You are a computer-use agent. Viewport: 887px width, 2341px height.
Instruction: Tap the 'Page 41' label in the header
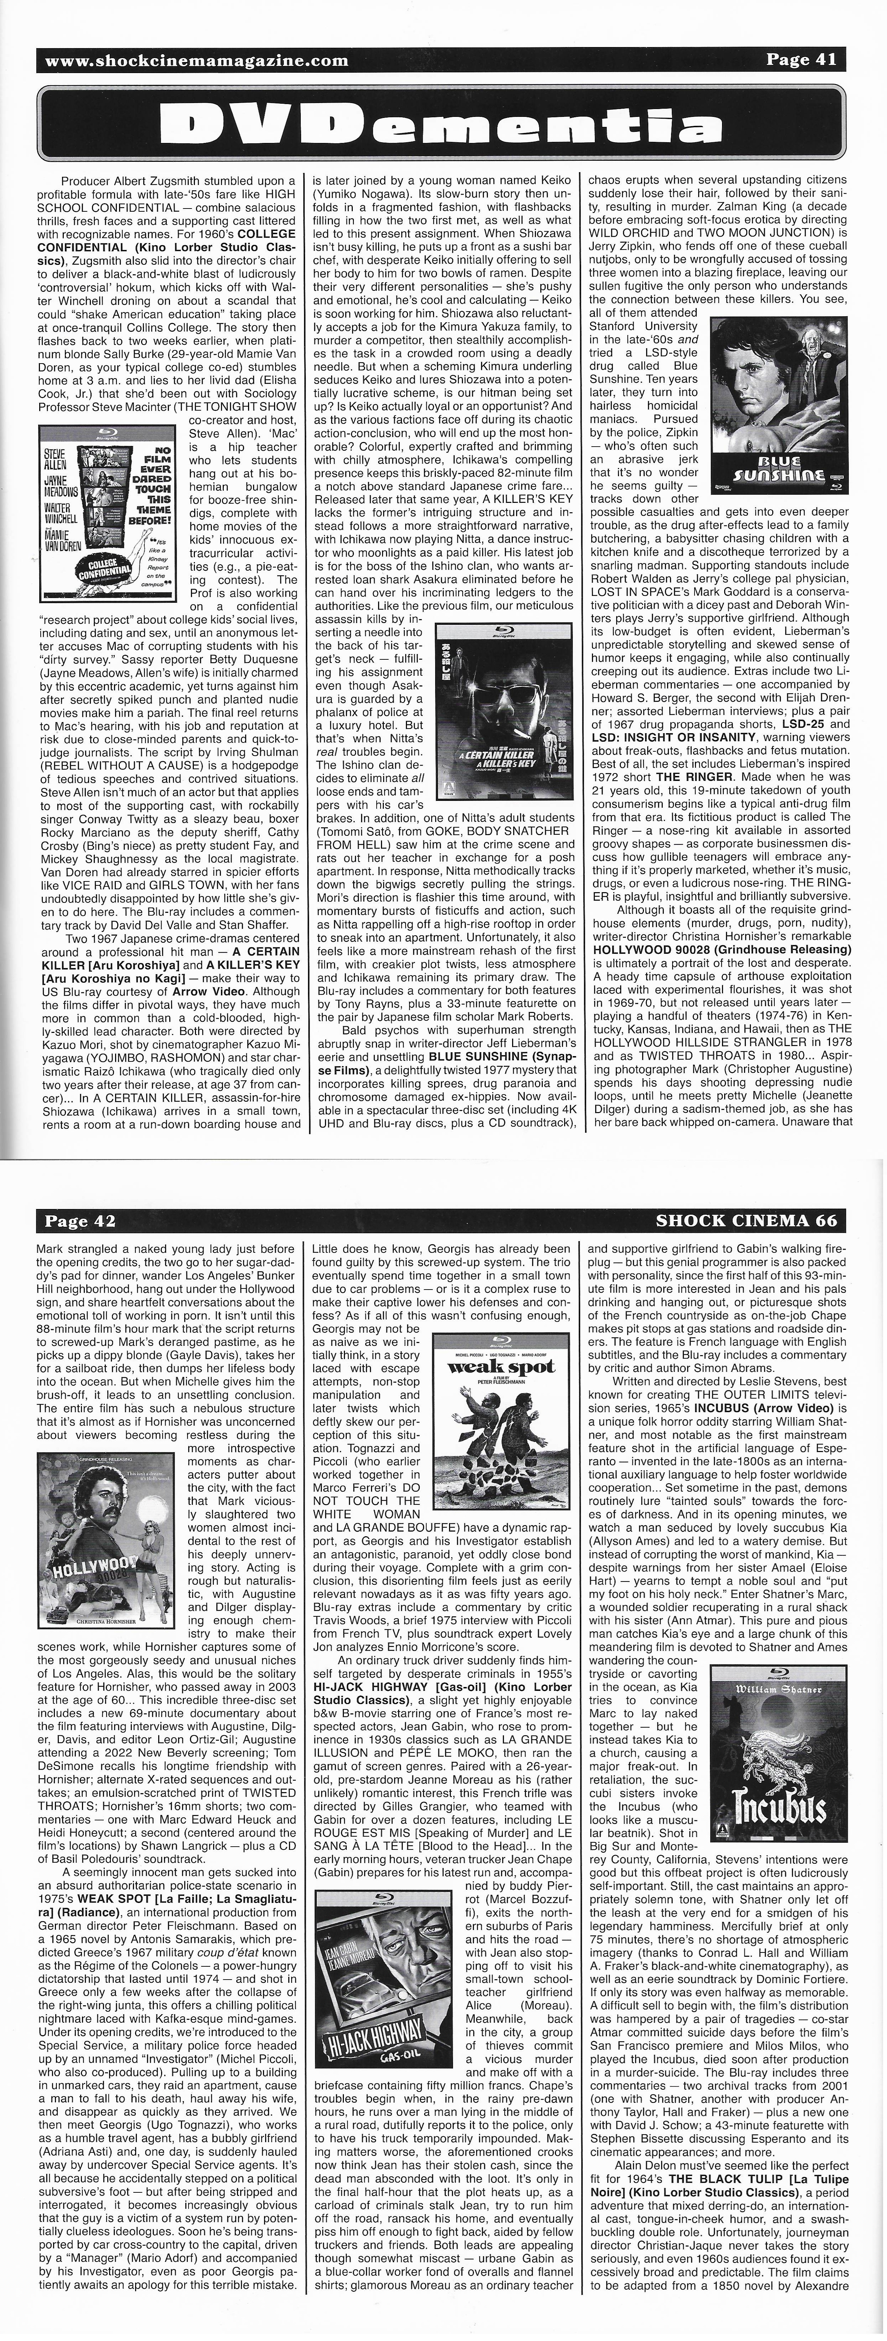click(x=800, y=60)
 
